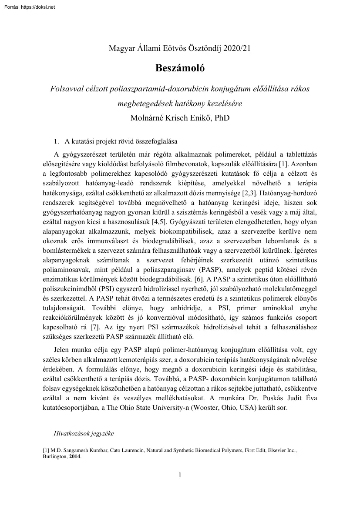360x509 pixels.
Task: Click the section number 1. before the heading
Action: click(x=56, y=141)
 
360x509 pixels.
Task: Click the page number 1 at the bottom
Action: click(x=180, y=475)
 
